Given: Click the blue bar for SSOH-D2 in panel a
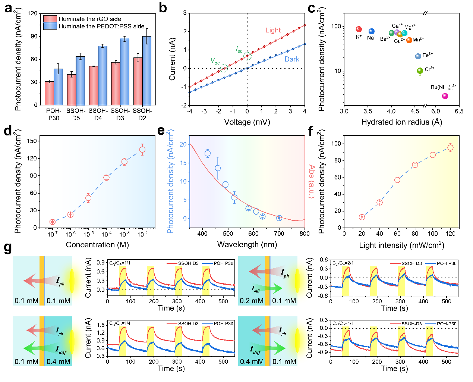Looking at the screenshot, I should [146, 71].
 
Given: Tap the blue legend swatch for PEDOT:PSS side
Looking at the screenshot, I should [50, 26].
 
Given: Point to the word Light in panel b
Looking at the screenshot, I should [273, 30].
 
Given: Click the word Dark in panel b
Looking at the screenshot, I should [292, 59].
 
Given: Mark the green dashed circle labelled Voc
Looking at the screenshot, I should [224, 68].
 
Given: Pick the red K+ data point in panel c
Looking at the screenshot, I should [359, 29].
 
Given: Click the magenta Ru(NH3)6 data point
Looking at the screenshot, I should [445, 96].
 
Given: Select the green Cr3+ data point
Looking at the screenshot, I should [420, 71].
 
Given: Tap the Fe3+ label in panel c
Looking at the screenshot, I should [428, 55].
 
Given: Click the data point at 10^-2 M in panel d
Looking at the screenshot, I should [142, 150].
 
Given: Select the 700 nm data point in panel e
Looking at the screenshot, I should [279, 218].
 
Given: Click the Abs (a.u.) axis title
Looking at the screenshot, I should [312, 182].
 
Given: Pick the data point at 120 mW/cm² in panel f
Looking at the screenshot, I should [450, 148].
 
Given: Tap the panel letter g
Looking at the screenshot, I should [7, 248].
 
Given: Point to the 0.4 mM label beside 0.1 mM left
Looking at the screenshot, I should [58, 361].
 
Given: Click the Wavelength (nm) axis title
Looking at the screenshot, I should [247, 244].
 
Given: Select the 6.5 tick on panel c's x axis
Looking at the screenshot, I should [459, 111].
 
